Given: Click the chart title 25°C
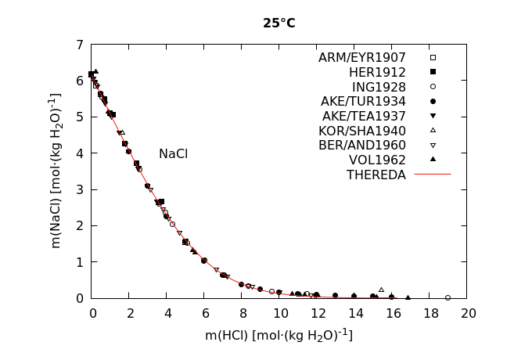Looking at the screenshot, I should click(x=279, y=23).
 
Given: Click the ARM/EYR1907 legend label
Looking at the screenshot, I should click(x=361, y=58).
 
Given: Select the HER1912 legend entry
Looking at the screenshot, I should click(x=377, y=72).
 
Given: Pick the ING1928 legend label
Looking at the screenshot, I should click(x=379, y=87).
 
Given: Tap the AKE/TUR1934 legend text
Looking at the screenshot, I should click(x=363, y=102).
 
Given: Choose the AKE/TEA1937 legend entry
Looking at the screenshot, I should click(x=364, y=116).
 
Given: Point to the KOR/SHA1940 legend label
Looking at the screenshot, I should click(x=362, y=131).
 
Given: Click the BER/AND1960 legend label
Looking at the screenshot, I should click(x=362, y=146).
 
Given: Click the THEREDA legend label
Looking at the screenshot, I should click(x=376, y=175).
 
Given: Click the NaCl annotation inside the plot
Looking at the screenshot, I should click(x=173, y=154).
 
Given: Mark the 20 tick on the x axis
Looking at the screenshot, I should click(x=468, y=313).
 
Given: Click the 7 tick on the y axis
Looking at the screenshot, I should click(x=81, y=45).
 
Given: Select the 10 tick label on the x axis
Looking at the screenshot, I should click(x=279, y=313).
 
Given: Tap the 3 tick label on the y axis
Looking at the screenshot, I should click(x=81, y=189).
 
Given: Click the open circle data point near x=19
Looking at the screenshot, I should click(x=448, y=297).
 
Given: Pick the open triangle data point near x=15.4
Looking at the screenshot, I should click(x=381, y=290).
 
